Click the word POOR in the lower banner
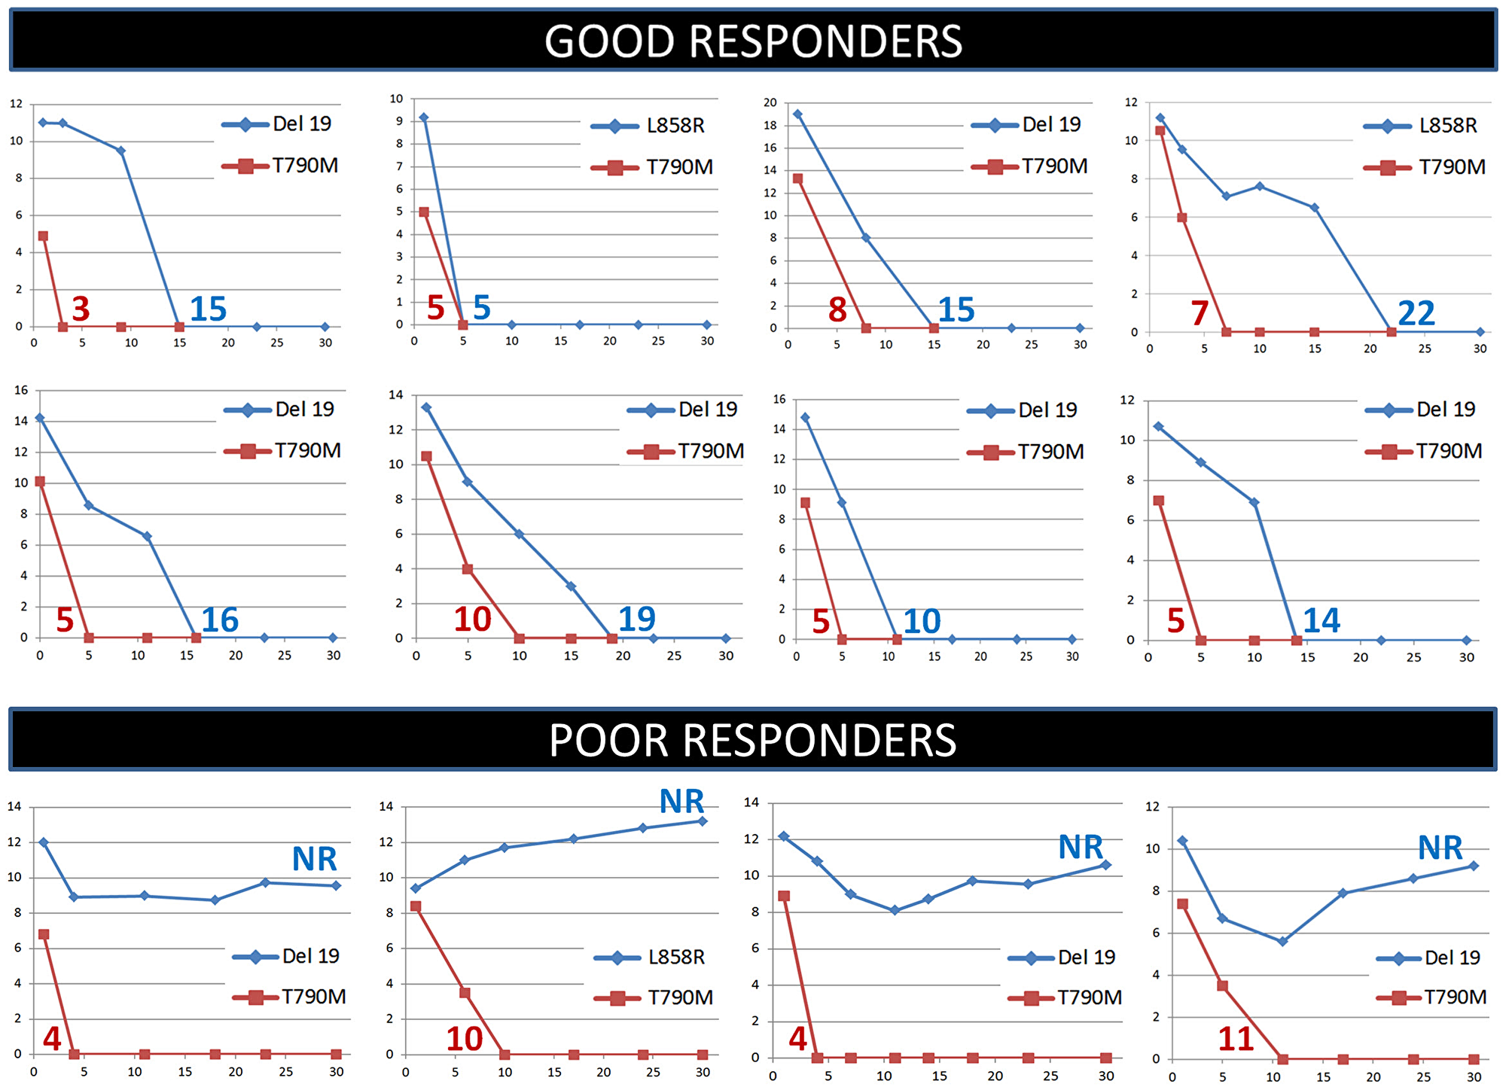pos(608,741)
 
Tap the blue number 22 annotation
pos(1416,313)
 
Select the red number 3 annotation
pos(81,309)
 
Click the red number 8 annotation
pos(837,309)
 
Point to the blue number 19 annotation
pos(636,619)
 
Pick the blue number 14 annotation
pos(1322,620)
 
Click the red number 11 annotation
pos(1236,1039)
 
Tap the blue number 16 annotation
pos(220,620)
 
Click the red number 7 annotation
pos(1200,313)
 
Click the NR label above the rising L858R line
pos(681,802)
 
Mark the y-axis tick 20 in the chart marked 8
pos(770,102)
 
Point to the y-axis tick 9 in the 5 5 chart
pos(400,121)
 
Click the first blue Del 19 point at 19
pos(797,114)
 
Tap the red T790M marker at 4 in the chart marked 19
pos(467,569)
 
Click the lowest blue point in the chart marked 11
pos(1282,941)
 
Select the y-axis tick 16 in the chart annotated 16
pos(21,390)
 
